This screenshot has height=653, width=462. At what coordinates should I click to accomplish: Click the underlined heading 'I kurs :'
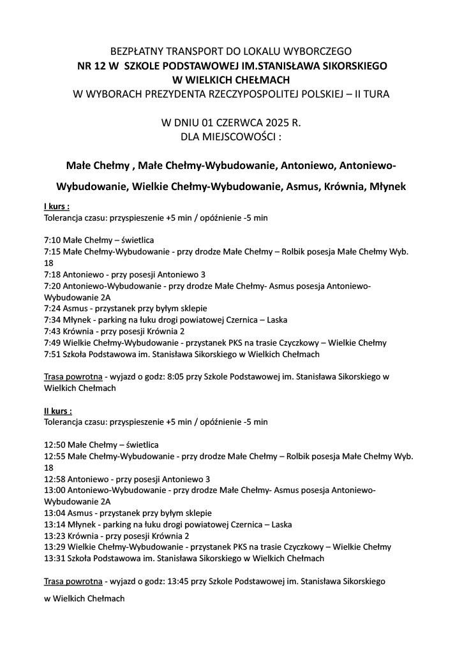[x=56, y=207]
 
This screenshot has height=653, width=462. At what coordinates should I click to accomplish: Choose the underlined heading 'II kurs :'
[x=57, y=411]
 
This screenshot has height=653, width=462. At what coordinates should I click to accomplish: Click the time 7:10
[x=52, y=240]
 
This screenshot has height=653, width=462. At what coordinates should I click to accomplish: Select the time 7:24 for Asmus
[x=52, y=309]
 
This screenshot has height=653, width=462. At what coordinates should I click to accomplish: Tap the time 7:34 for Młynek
[x=52, y=320]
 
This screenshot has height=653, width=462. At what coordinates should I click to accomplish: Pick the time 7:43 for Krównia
[x=52, y=332]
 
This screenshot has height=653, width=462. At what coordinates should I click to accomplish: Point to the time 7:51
[x=52, y=354]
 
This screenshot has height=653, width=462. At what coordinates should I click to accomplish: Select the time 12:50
[x=55, y=444]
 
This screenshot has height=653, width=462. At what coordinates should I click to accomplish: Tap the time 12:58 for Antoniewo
[x=55, y=479]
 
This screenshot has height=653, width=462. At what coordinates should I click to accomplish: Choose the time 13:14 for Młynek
[x=55, y=524]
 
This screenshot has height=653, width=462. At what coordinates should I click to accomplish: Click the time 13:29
[x=55, y=547]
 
